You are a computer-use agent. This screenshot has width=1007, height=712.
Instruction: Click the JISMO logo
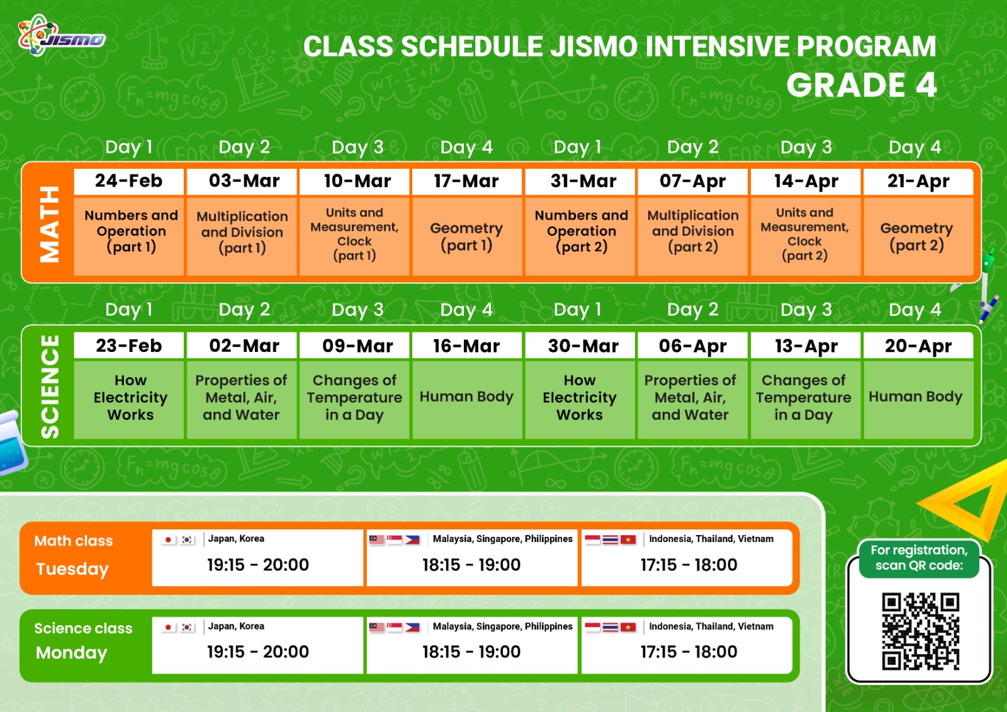click(62, 36)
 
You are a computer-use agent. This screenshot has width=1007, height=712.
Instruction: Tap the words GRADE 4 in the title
click(862, 85)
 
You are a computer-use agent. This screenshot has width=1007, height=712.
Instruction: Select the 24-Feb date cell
click(128, 181)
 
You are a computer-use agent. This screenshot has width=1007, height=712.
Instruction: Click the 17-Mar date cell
click(466, 181)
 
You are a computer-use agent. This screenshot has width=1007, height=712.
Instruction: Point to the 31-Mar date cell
click(580, 181)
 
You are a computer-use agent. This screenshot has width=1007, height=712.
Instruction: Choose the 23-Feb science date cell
click(128, 346)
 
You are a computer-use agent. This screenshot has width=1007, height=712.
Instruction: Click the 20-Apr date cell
click(918, 346)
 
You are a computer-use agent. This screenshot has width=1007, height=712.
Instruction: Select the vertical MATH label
click(49, 224)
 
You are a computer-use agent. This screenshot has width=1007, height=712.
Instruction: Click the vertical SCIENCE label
click(50, 387)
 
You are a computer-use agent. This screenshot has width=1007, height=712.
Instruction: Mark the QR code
click(920, 631)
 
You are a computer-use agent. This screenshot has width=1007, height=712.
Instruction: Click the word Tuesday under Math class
click(72, 569)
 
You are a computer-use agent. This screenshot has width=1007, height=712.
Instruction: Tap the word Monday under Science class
click(72, 653)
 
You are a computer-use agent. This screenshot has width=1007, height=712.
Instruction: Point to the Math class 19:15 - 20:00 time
click(257, 565)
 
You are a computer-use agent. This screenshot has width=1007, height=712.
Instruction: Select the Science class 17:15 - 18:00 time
click(689, 652)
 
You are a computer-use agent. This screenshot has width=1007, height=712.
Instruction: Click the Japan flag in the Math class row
click(168, 540)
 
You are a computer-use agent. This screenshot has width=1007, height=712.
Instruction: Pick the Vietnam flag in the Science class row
click(628, 627)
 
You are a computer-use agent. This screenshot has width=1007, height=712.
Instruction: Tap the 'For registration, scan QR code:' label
click(919, 558)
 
